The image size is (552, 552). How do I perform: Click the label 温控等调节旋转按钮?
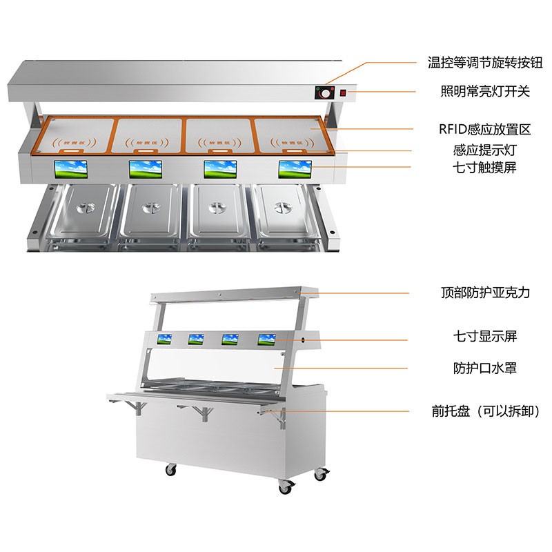(x=485, y=63)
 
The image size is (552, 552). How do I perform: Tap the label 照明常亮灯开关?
(x=485, y=92)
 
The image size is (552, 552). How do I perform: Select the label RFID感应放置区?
(x=485, y=129)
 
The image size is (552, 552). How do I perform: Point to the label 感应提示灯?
(x=485, y=150)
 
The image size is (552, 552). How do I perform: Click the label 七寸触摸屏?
(x=485, y=167)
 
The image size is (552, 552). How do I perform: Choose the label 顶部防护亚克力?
(x=486, y=293)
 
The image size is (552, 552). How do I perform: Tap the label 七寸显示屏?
(x=485, y=336)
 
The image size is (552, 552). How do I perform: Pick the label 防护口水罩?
(x=485, y=368)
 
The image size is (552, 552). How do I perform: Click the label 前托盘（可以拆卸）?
(x=486, y=411)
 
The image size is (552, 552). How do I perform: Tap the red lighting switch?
(x=343, y=93)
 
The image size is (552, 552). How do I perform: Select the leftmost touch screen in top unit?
(x=71, y=169)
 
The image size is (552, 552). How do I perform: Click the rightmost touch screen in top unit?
(x=295, y=169)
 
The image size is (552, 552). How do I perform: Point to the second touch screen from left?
(x=146, y=169)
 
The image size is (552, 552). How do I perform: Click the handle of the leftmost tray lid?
(x=86, y=208)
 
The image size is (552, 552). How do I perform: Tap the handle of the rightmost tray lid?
(x=283, y=208)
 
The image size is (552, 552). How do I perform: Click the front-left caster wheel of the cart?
(x=170, y=470)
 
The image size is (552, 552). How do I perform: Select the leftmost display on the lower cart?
(x=164, y=339)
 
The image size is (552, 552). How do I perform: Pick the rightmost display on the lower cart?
(x=266, y=339)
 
